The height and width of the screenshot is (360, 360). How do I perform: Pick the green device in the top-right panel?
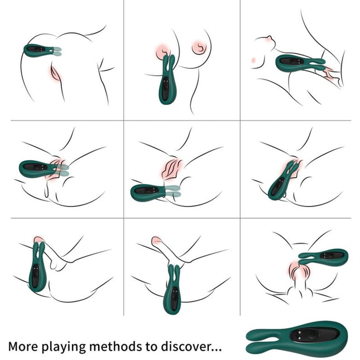[x=296, y=63]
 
